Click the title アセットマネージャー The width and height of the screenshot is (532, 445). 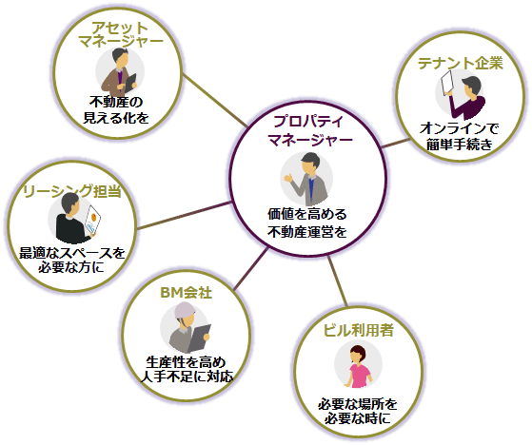tap(121, 34)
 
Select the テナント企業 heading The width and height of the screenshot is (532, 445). tap(460, 63)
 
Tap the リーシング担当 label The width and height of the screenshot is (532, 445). tap(72, 191)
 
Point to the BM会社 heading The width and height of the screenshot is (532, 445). tap(186, 293)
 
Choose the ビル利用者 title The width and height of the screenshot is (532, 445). tap(358, 330)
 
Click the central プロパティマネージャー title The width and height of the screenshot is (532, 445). tap(309, 130)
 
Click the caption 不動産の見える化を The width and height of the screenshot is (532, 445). tap(116, 109)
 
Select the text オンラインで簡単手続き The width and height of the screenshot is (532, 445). tap(460, 136)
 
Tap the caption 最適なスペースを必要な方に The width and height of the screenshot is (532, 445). tap(72, 260)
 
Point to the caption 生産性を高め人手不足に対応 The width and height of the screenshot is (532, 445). tap(187, 370)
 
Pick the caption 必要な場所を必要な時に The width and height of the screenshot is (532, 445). tap(358, 411)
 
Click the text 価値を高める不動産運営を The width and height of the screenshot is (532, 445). tap(307, 223)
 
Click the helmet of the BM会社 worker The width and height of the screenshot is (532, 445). tap(185, 310)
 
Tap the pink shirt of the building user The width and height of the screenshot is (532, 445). tap(360, 376)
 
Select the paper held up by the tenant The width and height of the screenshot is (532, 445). tap(447, 83)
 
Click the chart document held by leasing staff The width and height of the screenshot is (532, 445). tap(92, 220)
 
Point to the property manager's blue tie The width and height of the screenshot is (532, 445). tap(311, 188)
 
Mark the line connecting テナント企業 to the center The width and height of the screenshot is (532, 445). tap(396, 143)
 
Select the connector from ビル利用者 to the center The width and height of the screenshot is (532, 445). tap(338, 281)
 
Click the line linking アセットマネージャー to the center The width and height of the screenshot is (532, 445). tap(215, 101)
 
